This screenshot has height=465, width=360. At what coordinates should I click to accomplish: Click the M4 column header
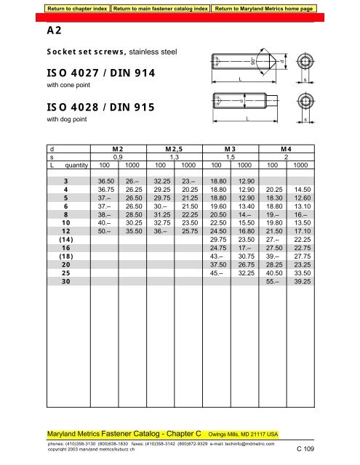coord(286,148)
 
